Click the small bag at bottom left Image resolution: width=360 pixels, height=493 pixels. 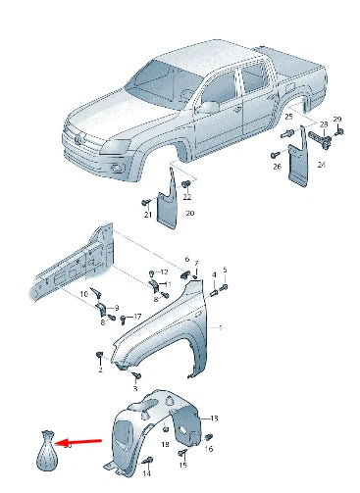tap(46, 452)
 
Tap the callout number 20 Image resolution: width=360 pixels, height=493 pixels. tap(190, 214)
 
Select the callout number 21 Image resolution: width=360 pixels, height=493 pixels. tap(147, 215)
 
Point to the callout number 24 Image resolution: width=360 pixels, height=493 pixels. tap(320, 166)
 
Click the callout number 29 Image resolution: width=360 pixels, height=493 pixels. tap(336, 119)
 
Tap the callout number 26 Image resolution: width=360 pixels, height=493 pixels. tap(277, 167)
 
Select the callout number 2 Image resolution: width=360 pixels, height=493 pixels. tap(100, 370)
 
